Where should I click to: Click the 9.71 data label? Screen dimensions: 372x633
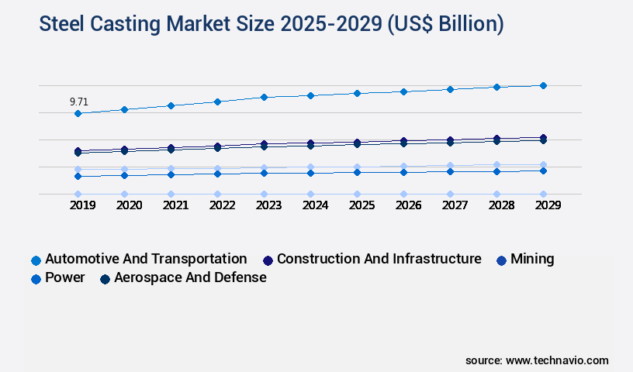78,102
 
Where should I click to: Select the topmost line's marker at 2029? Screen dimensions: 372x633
543,85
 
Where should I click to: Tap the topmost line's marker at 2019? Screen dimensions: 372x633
78,113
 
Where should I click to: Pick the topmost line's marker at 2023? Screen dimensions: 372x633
264,97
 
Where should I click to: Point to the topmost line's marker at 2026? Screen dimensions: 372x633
403,91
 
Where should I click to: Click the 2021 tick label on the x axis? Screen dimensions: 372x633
175,205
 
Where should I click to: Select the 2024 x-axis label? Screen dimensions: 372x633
315,205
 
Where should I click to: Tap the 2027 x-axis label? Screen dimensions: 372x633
455,205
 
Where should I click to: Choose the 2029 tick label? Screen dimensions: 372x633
547,205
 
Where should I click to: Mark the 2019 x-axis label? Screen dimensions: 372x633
82,205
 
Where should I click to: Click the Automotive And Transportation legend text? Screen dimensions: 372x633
146,259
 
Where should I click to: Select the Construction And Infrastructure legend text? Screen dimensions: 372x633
379,259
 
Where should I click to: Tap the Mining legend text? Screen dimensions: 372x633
531,259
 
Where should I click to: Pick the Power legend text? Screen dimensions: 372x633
65,277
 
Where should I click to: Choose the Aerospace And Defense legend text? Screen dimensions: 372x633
190,277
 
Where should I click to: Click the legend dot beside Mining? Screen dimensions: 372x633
500,260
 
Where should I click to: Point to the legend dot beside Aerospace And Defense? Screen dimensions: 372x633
105,278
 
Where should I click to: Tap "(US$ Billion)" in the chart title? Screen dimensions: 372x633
444,25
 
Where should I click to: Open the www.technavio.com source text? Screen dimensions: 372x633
557,360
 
